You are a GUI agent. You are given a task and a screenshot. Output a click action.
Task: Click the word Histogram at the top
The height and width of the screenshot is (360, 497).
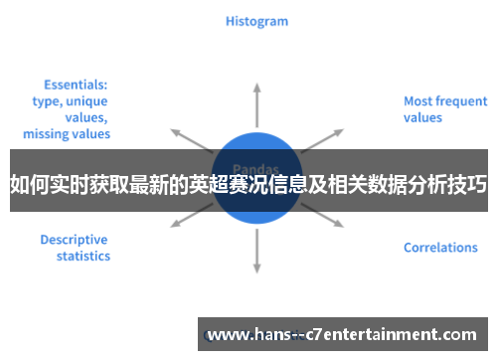point(256,20)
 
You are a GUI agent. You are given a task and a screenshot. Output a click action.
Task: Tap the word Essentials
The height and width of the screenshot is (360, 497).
point(76,85)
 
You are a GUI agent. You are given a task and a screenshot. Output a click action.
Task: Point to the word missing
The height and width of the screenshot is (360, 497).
point(45,133)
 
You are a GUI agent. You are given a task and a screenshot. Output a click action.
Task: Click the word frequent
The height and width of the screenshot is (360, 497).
point(461,100)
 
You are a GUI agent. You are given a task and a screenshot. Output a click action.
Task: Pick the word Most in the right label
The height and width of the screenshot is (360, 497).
point(417,100)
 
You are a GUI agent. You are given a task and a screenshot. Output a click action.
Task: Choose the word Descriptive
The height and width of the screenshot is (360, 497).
point(75,240)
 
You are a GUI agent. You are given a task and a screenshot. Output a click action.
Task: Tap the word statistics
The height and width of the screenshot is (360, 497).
point(83,256)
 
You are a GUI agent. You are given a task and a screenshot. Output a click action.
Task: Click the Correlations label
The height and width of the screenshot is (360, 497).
point(440,248)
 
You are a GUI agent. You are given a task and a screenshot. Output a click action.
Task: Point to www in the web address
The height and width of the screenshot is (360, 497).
point(227,334)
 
